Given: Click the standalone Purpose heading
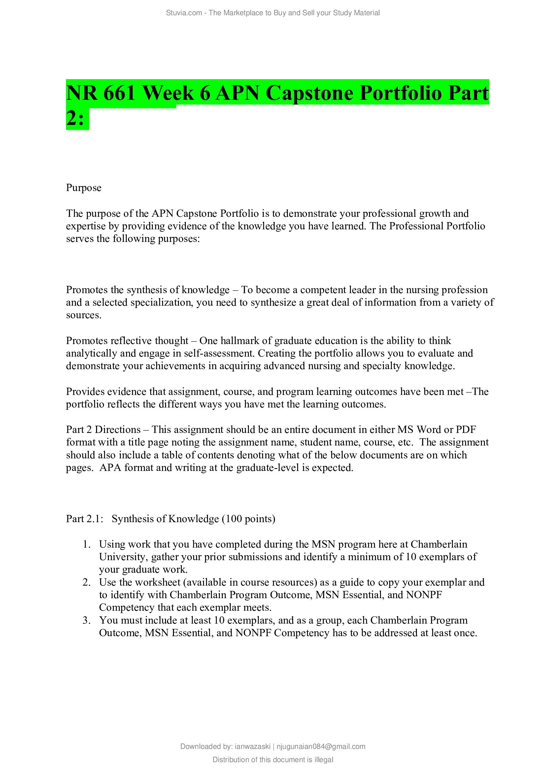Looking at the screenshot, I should [84, 187].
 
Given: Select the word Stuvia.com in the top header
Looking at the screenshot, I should [184, 13].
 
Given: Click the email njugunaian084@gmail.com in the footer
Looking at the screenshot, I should [321, 747].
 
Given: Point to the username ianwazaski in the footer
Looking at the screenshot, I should [252, 747].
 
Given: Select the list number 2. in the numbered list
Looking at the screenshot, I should [87, 582].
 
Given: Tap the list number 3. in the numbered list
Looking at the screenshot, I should [87, 620].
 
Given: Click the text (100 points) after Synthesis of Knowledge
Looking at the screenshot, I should [249, 519].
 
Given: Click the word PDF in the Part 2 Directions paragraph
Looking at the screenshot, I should [466, 430].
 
